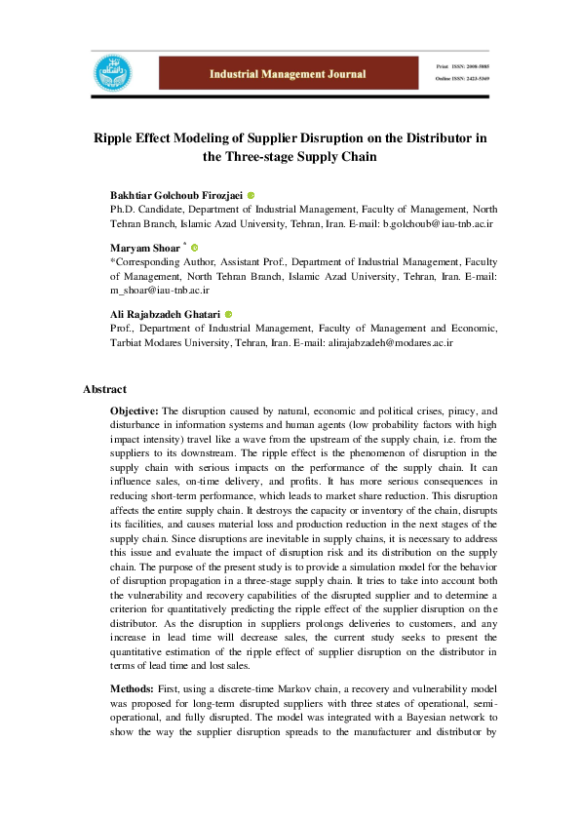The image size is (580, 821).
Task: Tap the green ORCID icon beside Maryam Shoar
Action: (193, 249)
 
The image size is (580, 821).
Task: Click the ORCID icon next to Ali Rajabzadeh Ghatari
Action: (228, 315)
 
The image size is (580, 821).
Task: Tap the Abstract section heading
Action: (104, 390)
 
